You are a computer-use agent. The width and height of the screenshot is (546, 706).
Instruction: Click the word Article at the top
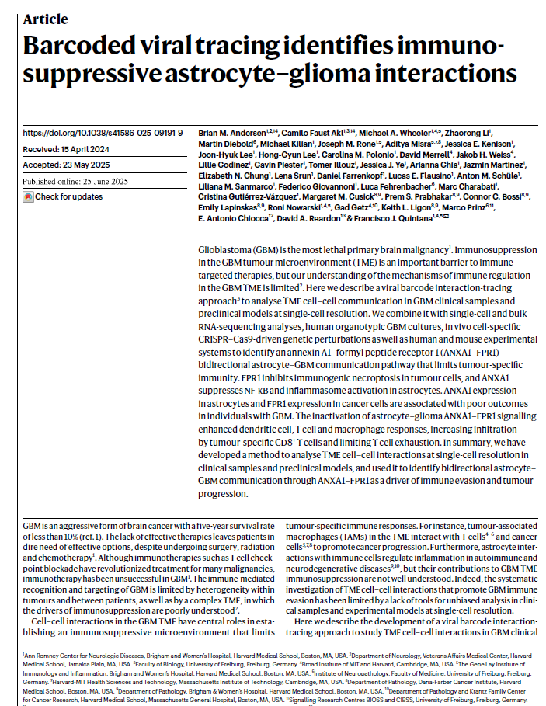45,19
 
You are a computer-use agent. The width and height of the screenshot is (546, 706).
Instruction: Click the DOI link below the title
103,133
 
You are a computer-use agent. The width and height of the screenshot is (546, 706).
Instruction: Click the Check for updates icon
29,197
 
